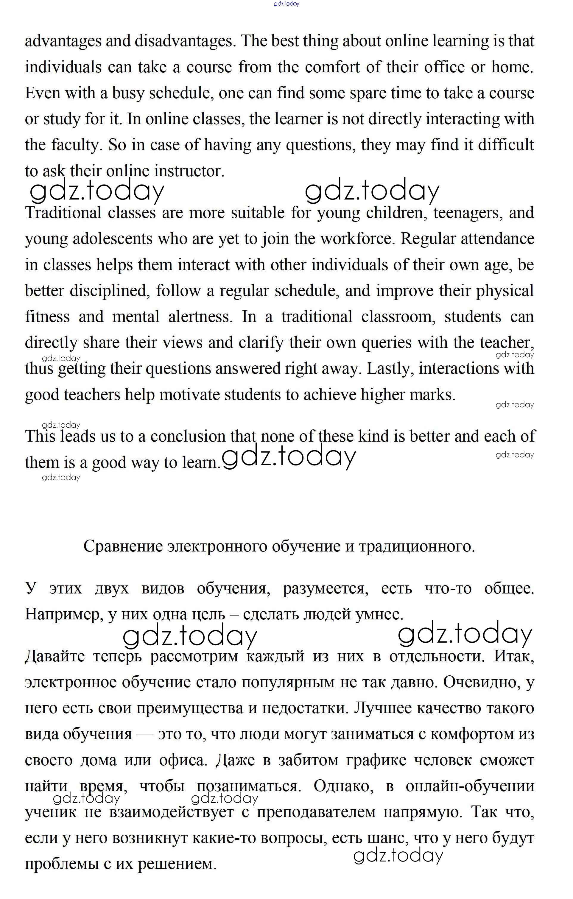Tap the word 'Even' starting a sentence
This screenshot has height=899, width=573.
tap(43, 93)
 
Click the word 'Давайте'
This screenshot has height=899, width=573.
tap(55, 656)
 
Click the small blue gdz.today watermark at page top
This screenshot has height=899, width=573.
tap(286, 4)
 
